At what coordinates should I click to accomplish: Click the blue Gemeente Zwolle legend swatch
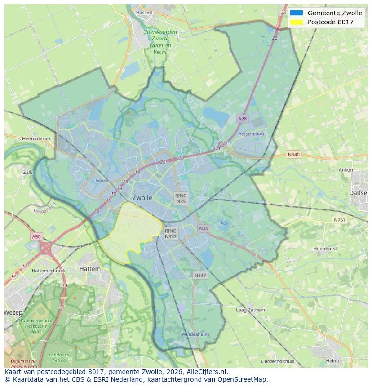297,13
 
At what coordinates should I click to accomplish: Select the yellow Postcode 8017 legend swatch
297,22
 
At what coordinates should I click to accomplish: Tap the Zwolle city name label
142,198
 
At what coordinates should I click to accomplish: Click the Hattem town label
90,268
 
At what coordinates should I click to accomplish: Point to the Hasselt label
144,13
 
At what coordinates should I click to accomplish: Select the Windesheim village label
195,334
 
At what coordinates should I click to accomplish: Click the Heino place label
332,361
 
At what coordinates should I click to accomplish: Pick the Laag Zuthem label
250,310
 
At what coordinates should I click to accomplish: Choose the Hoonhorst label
325,248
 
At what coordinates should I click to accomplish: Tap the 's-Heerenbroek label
34,139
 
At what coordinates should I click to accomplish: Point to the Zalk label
28,172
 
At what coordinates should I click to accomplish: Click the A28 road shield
242,119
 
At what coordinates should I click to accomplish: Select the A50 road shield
36,236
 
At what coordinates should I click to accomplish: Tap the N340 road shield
293,155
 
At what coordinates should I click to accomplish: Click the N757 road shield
340,220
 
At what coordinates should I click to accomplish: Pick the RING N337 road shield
170,233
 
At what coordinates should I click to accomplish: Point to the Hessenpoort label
251,134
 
